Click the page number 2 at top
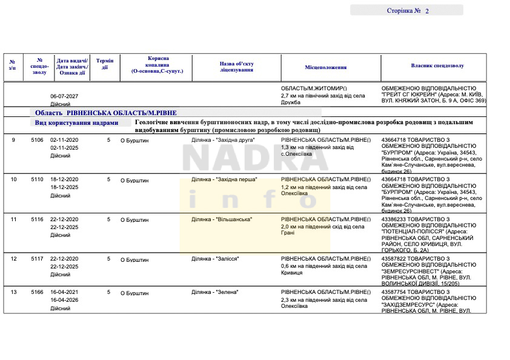coord(427,11)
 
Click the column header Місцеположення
coord(326,67)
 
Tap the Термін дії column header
coord(105,64)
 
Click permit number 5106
coord(38,140)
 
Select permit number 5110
coord(38,180)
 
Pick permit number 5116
coord(38,219)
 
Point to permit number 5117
coord(38,259)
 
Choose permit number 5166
coord(38,292)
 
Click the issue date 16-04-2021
coord(64,292)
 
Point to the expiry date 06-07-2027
coord(64,96)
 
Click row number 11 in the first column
coord(14,219)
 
